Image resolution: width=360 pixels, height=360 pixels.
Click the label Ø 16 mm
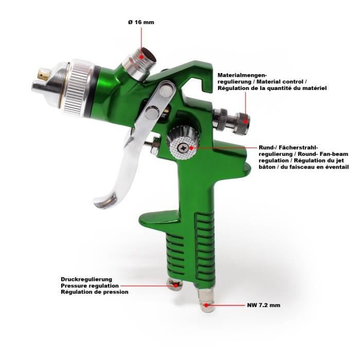click(141, 22)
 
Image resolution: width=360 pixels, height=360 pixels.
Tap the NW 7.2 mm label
click(263, 305)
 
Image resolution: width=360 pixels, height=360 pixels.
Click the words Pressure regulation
click(90, 286)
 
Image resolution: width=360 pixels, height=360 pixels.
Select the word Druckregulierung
click(86, 279)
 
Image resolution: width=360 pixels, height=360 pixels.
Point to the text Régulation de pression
click(95, 292)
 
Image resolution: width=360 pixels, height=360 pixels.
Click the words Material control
click(281, 81)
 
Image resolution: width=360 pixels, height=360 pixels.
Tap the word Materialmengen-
click(242, 75)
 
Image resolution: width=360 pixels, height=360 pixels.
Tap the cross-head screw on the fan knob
click(183, 148)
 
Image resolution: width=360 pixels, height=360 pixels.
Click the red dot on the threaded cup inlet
click(142, 56)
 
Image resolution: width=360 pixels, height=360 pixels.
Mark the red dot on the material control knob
click(246, 121)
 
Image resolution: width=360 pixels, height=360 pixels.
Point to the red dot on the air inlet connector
click(206, 305)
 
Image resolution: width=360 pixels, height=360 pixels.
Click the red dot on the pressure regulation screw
click(176, 286)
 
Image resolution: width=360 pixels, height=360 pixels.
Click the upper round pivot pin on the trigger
click(167, 88)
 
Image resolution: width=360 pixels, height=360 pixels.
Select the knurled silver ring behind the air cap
click(78, 87)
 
